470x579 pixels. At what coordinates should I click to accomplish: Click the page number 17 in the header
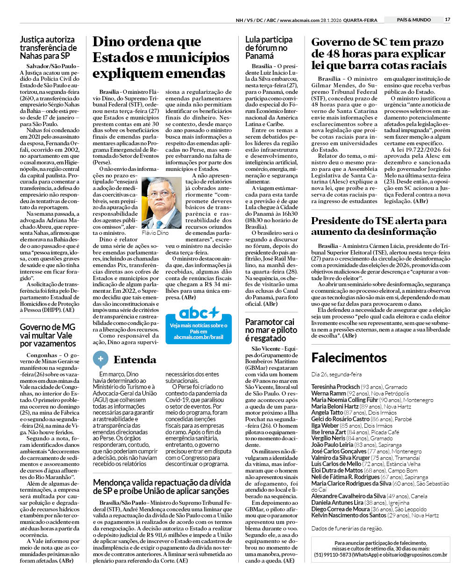click(448, 20)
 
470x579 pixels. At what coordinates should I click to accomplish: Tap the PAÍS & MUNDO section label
click(413, 20)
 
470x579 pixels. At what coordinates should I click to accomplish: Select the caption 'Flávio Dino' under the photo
click(155, 233)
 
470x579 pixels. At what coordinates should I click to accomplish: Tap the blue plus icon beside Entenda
click(100, 359)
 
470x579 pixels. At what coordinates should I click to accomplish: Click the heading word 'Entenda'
click(135, 360)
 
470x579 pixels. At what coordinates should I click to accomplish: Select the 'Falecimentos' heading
click(349, 358)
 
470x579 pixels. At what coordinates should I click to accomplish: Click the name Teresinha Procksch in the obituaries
click(335, 387)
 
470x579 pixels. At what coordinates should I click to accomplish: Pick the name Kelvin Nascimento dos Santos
click(349, 515)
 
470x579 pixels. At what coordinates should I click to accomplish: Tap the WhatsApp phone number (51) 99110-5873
click(333, 555)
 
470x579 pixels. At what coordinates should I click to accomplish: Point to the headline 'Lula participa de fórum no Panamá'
click(269, 48)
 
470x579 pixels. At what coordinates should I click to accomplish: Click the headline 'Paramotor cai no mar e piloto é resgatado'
click(271, 330)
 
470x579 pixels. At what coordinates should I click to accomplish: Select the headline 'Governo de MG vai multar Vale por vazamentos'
click(48, 335)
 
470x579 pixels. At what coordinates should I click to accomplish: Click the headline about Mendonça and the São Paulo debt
click(162, 487)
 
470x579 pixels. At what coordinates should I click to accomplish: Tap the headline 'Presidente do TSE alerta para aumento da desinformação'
click(378, 226)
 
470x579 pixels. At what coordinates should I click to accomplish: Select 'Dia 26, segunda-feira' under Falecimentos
click(336, 374)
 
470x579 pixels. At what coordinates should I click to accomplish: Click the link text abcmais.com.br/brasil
click(199, 337)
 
